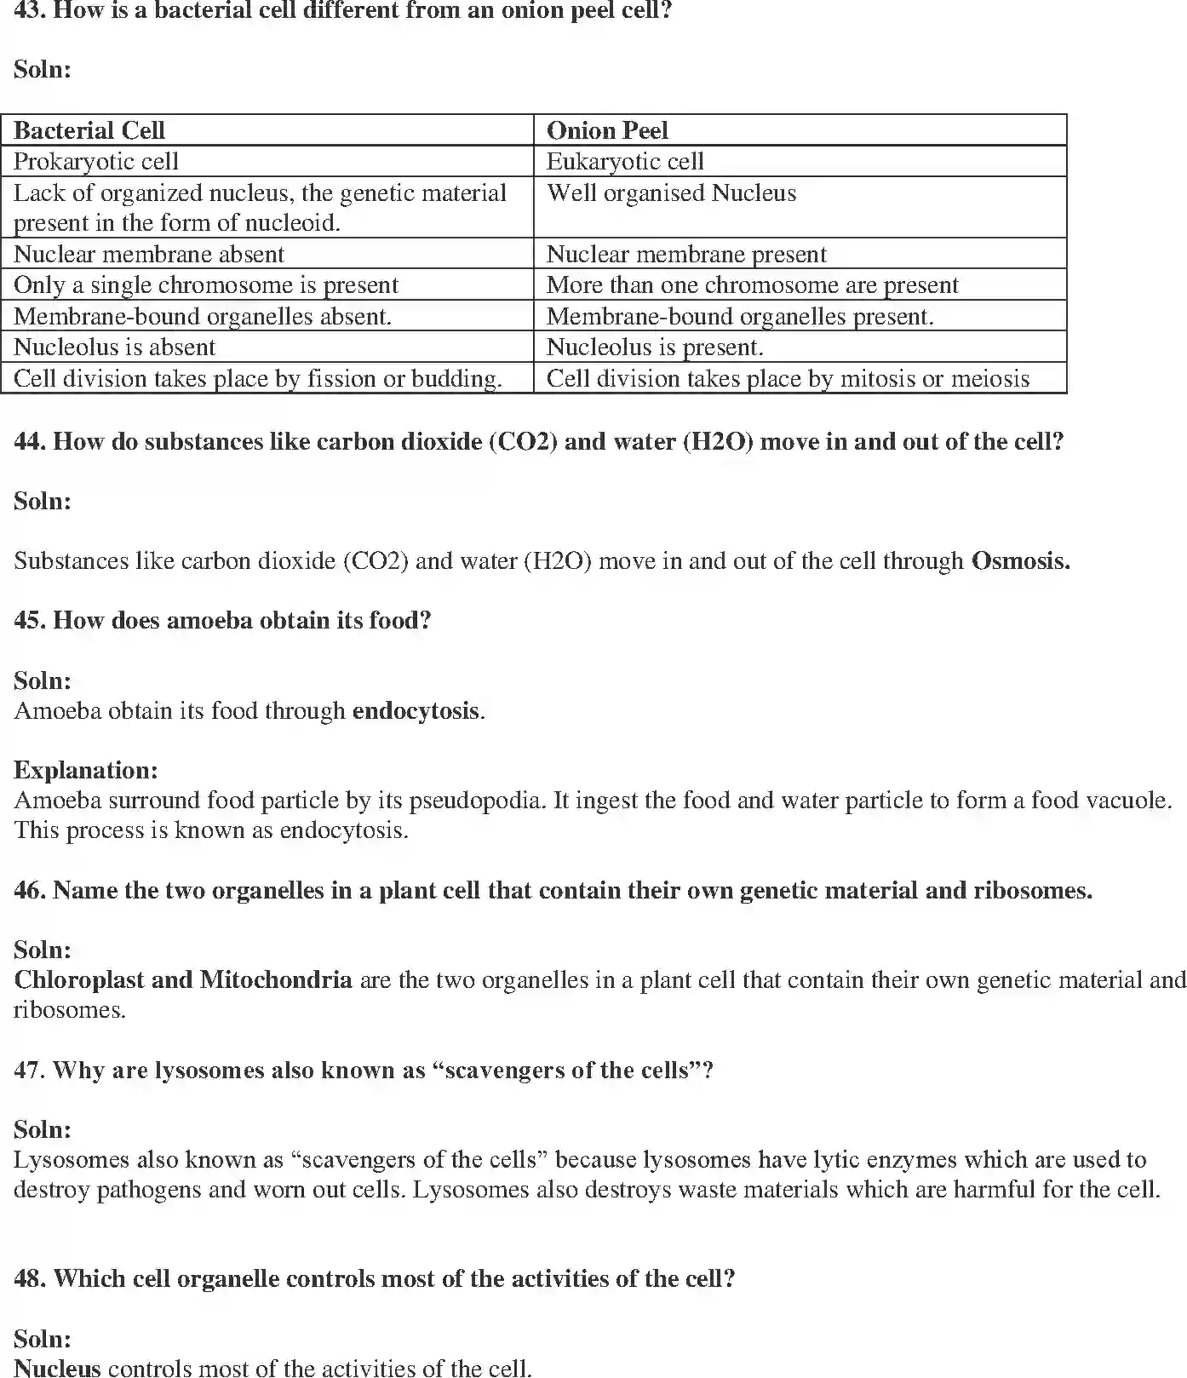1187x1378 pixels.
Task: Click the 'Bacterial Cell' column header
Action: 89,130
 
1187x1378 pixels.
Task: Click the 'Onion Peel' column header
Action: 607,130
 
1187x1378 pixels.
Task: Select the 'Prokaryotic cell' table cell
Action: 96,161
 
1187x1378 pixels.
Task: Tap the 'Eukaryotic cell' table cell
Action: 625,161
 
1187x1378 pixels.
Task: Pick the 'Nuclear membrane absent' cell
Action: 149,254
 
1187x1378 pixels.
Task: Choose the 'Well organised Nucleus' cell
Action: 671,193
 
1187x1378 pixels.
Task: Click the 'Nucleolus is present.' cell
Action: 655,347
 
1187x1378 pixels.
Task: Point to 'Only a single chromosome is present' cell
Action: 206,284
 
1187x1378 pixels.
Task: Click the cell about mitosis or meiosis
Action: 788,378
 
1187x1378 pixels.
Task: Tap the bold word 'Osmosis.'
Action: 1020,560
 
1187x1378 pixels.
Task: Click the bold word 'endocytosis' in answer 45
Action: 416,710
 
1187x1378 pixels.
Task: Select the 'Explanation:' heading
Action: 86,770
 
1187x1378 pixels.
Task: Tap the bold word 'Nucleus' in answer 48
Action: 58,1368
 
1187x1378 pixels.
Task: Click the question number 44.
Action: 29,441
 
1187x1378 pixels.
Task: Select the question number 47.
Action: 29,1070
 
